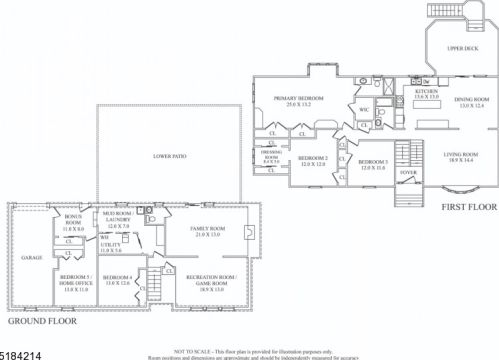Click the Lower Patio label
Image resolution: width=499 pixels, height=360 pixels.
[x=167, y=157]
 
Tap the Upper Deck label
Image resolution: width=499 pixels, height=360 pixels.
[x=462, y=48]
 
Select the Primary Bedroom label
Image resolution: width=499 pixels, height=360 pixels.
[x=298, y=101]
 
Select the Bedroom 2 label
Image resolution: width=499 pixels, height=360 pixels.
[x=313, y=161]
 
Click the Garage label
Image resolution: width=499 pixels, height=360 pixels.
[x=32, y=256]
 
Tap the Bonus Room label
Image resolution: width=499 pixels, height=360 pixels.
[x=73, y=221]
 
